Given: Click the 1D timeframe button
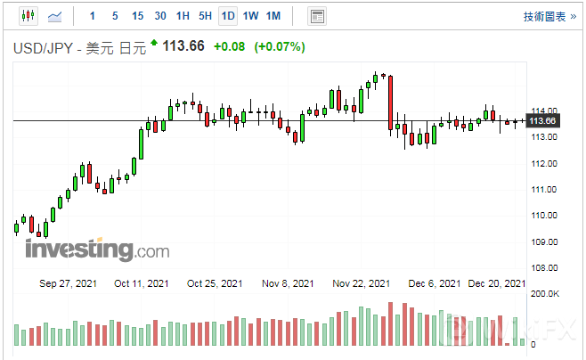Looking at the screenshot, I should tap(228, 16).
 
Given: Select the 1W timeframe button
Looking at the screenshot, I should tap(250, 16).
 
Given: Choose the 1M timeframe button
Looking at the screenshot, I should tap(273, 16).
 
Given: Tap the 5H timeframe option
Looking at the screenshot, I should tap(205, 16).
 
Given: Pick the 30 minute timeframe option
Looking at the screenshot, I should tap(159, 16).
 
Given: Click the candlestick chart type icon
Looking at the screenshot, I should tap(28, 16).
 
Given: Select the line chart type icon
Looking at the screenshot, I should tap(55, 16).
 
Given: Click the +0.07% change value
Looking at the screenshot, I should tap(280, 46).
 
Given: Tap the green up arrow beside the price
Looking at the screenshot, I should tap(155, 43).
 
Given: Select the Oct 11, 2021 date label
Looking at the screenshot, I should tap(142, 283).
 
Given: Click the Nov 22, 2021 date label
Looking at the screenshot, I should tap(361, 283).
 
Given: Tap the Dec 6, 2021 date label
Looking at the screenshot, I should tap(434, 283).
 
